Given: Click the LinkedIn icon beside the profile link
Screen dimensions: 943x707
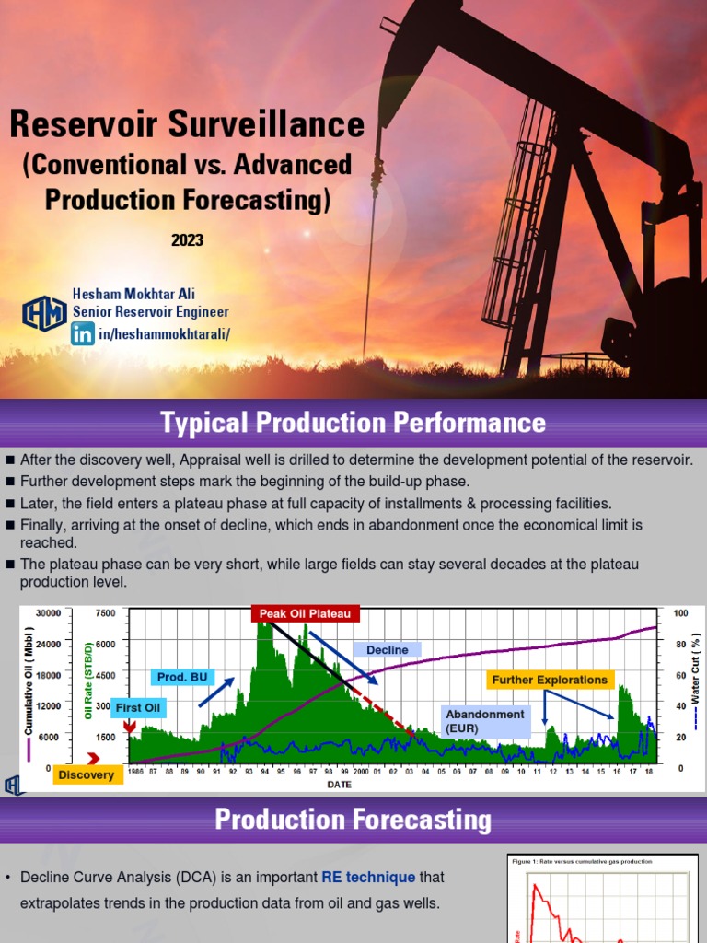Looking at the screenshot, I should pyautogui.click(x=83, y=332).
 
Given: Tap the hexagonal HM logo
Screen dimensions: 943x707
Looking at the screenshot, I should pyautogui.click(x=43, y=313).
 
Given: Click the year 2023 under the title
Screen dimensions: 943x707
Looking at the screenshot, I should pyautogui.click(x=187, y=240).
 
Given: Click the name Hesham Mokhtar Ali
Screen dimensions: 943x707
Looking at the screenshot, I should pyautogui.click(x=133, y=293).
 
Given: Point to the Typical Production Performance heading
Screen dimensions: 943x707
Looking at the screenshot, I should pyautogui.click(x=353, y=423).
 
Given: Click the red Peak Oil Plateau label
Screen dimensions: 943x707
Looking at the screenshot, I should pyautogui.click(x=305, y=613).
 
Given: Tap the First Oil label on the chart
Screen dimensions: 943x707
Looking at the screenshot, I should pyautogui.click(x=139, y=707).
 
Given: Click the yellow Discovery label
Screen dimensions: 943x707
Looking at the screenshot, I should pyautogui.click(x=87, y=774).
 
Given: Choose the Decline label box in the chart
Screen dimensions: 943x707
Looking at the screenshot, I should pyautogui.click(x=387, y=650).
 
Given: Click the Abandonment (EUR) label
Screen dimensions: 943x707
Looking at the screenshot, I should pyautogui.click(x=485, y=720).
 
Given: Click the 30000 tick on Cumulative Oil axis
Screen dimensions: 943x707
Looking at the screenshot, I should pyautogui.click(x=47, y=613).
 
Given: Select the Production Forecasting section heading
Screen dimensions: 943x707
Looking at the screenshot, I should pyautogui.click(x=353, y=820).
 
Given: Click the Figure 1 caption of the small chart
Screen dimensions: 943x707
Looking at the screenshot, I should pyautogui.click(x=581, y=861).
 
